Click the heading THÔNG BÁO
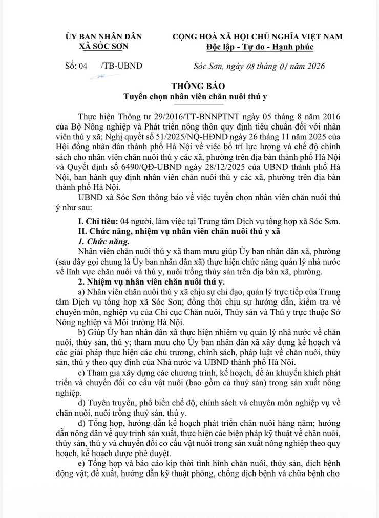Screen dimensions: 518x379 [191, 85]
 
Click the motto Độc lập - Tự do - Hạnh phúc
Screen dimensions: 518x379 [257, 47]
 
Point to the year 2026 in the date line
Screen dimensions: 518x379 [313, 66]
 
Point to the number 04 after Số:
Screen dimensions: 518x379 [83, 66]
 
